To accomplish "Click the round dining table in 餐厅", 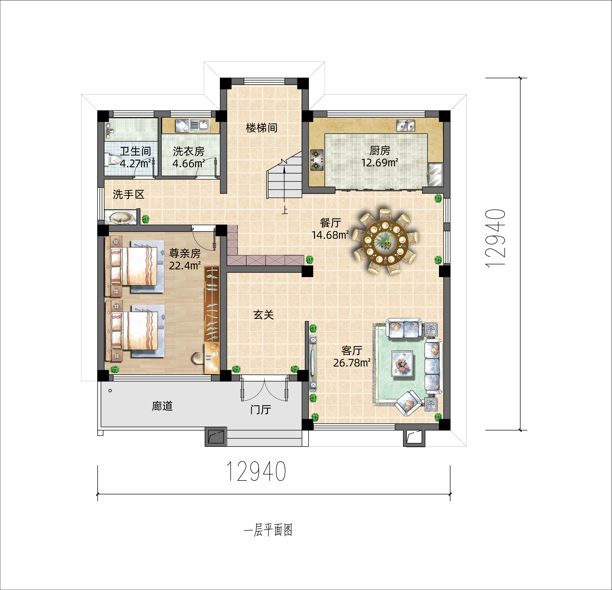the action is [386, 242].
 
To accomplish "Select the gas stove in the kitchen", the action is [317, 160].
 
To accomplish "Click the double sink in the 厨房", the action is [406, 126].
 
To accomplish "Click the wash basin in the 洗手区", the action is [120, 218].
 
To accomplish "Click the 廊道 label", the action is [162, 406].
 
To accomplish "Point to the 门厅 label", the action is [260, 409].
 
